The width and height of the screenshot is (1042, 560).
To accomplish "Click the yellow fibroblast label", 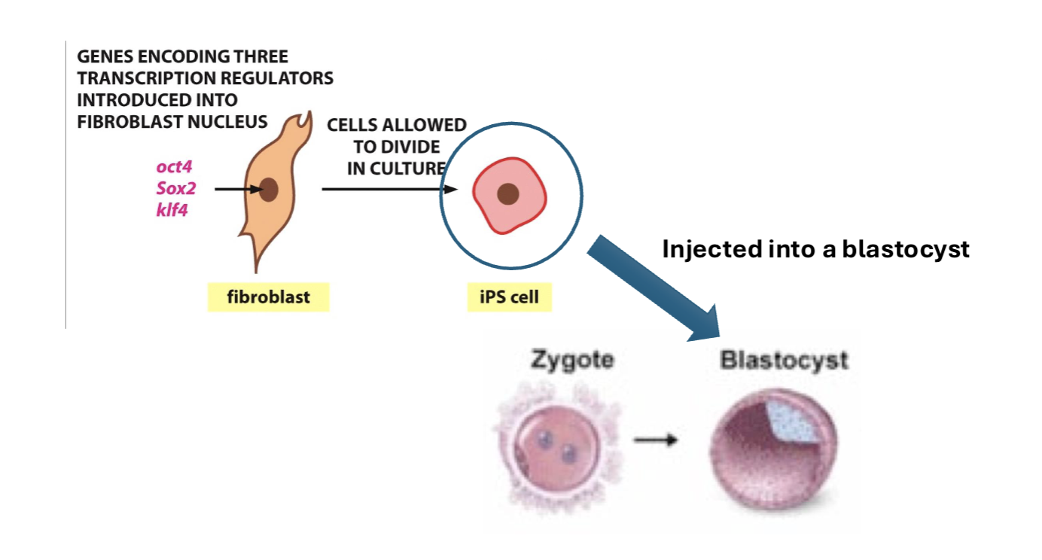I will [268, 297].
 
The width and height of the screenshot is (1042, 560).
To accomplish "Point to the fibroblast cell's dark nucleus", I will [268, 190].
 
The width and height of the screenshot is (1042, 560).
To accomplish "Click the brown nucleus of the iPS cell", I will [509, 194].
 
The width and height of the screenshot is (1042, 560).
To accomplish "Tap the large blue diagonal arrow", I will [655, 285].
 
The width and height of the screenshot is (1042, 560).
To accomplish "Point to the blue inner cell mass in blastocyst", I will [794, 422].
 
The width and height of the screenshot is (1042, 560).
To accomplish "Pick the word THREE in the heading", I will [259, 56].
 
